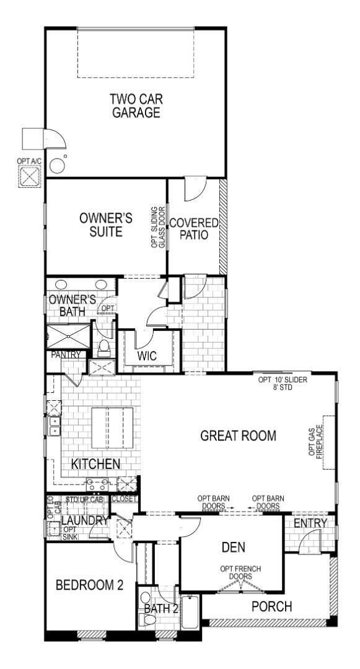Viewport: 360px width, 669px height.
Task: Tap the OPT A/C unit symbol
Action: [29, 176]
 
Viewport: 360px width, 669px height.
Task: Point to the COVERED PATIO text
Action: [194, 229]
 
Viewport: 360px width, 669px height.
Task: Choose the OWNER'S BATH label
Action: [72, 305]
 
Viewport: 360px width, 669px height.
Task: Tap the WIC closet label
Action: [147, 356]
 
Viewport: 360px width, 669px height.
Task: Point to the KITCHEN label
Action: [95, 463]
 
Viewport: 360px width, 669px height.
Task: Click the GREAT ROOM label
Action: [239, 435]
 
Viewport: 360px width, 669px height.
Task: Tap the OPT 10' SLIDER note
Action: [283, 383]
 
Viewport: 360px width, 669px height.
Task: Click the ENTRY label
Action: [310, 524]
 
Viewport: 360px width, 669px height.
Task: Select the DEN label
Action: [233, 547]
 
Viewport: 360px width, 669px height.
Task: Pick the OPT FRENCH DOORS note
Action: [236, 573]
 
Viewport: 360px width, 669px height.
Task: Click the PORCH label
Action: [271, 606]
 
